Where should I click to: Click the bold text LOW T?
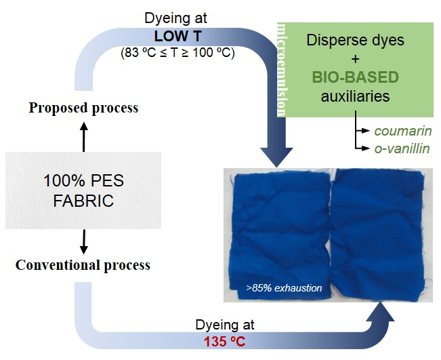click(177, 37)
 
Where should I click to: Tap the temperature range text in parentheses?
click(177, 53)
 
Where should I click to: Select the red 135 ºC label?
click(224, 342)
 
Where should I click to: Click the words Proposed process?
click(83, 108)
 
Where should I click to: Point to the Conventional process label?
click(83, 265)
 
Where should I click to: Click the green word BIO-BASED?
click(355, 77)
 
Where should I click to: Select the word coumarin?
click(403, 131)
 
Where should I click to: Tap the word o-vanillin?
click(402, 148)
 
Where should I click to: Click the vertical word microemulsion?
click(282, 70)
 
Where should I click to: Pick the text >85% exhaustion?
click(284, 288)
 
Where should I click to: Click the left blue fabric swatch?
click(280, 235)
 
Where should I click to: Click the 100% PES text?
click(83, 180)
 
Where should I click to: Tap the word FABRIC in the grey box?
click(83, 201)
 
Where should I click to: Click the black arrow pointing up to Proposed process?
click(83, 137)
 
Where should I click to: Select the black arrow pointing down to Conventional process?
click(83, 242)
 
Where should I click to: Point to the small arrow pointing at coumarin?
click(362, 131)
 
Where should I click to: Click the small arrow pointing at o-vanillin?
click(362, 148)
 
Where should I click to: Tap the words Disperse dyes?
click(355, 40)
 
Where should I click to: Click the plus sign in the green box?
click(355, 59)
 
